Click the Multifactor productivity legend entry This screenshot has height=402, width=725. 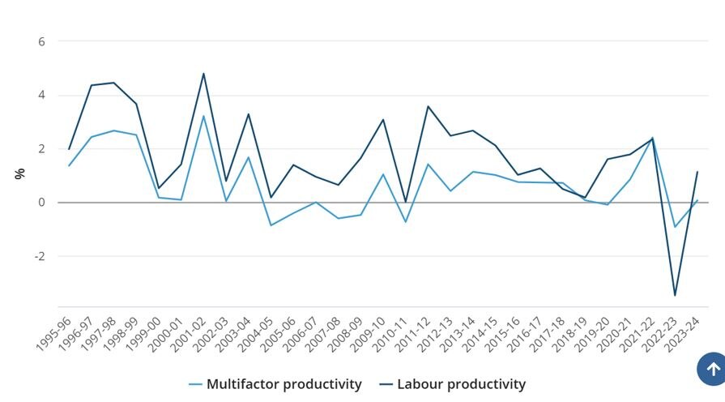275,384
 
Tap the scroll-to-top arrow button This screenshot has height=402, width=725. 713,370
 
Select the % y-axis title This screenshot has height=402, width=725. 19,173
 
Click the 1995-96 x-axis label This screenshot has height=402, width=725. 55,334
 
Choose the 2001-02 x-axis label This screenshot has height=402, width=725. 190,334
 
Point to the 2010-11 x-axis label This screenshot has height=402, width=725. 391,334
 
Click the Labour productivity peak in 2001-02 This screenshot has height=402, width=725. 203,74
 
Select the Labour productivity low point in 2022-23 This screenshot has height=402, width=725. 675,295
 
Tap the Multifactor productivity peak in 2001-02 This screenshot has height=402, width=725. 203,116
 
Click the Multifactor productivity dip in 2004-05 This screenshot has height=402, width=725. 271,225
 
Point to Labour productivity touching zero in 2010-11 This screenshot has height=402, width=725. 405,202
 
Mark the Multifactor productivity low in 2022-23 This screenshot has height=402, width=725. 675,227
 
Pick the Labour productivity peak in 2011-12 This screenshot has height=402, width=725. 428,106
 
